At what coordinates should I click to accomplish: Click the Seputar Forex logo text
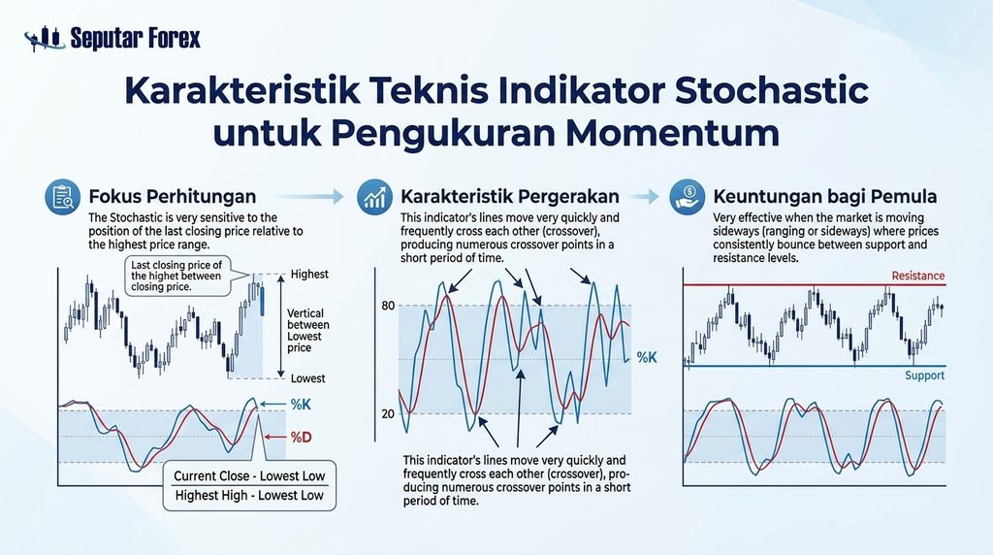click(x=135, y=38)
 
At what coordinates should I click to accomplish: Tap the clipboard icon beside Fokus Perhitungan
click(x=63, y=197)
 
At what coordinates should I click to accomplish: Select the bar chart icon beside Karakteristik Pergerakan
click(x=374, y=197)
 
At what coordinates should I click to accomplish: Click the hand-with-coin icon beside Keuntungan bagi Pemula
click(x=688, y=197)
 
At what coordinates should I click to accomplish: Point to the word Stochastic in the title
click(x=771, y=90)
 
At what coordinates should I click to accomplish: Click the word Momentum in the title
click(x=672, y=133)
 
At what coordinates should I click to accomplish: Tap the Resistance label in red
click(x=917, y=276)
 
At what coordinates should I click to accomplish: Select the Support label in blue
click(x=924, y=375)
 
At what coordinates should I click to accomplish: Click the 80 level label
click(x=388, y=306)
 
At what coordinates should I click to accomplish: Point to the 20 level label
click(x=388, y=413)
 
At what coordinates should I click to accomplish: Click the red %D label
click(x=301, y=438)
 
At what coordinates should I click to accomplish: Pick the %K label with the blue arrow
click(x=301, y=405)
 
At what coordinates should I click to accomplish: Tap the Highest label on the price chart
click(x=309, y=275)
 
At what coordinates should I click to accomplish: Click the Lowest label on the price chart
click(x=307, y=378)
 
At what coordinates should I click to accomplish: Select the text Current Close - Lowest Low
click(x=249, y=475)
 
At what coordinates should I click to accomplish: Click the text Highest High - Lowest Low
click(x=249, y=496)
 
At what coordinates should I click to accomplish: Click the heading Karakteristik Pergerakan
click(x=510, y=196)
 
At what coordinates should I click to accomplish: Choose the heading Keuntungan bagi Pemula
click(x=824, y=196)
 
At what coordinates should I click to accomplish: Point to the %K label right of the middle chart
click(x=647, y=357)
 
